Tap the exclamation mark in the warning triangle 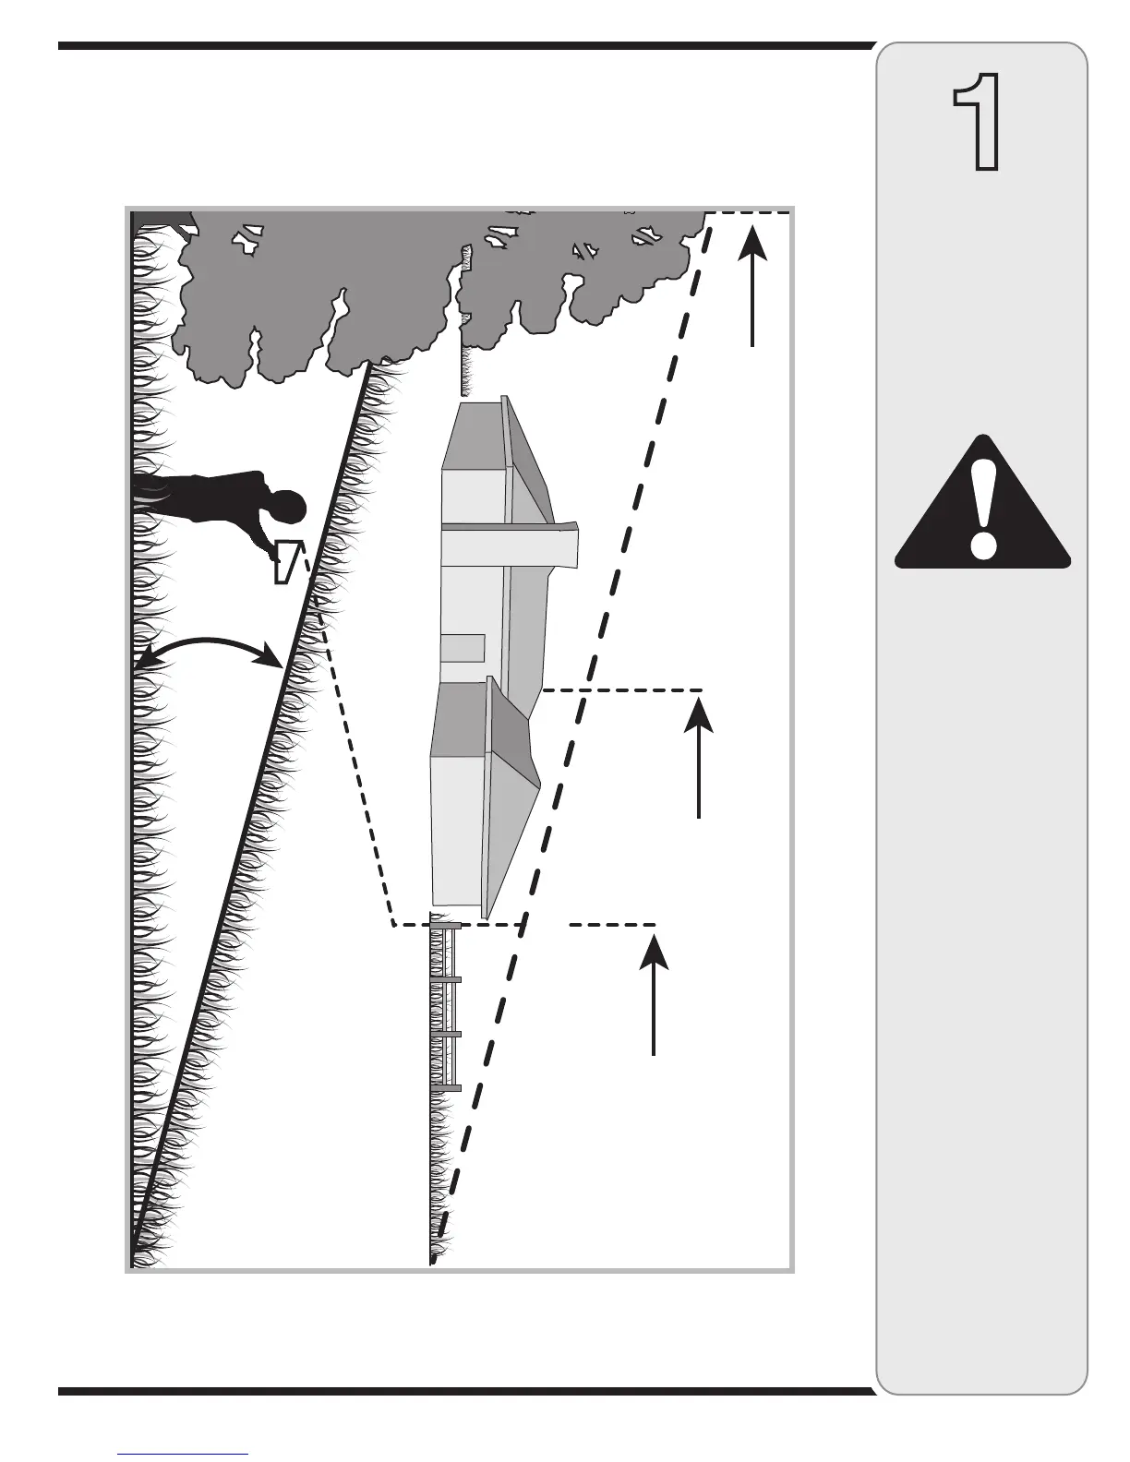pyautogui.click(x=984, y=509)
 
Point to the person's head pyautogui.click(x=287, y=509)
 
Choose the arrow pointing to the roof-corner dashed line pyautogui.click(x=699, y=757)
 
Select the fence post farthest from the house pyautogui.click(x=446, y=1089)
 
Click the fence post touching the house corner pyautogui.click(x=446, y=925)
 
